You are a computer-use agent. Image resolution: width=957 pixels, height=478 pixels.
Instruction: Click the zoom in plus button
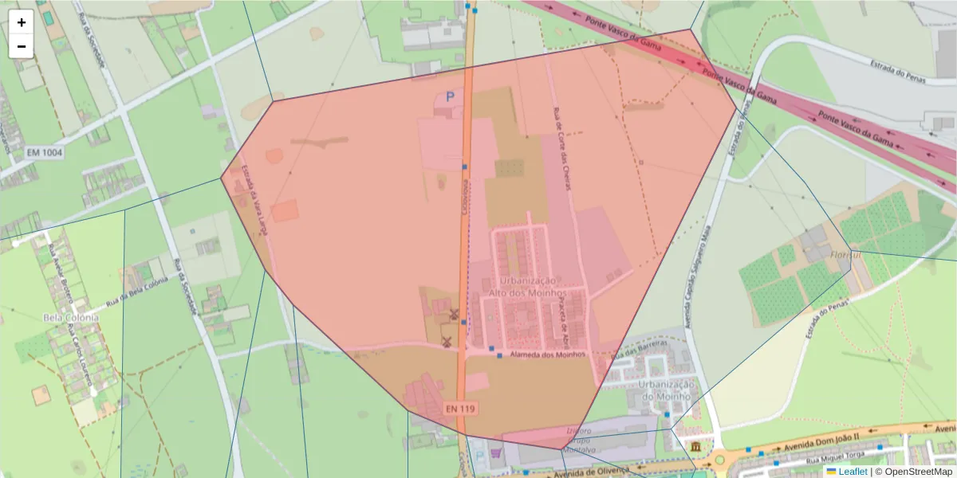tap(22, 22)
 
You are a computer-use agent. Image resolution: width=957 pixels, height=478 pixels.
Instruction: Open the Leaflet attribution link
tap(853, 472)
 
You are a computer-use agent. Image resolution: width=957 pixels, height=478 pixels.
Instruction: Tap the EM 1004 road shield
tap(44, 151)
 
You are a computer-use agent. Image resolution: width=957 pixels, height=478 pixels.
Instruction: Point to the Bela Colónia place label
tap(70, 317)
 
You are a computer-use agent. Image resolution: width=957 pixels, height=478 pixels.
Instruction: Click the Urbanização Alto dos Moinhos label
tap(527, 287)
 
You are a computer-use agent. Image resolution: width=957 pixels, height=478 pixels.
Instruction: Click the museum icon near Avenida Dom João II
tap(697, 446)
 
